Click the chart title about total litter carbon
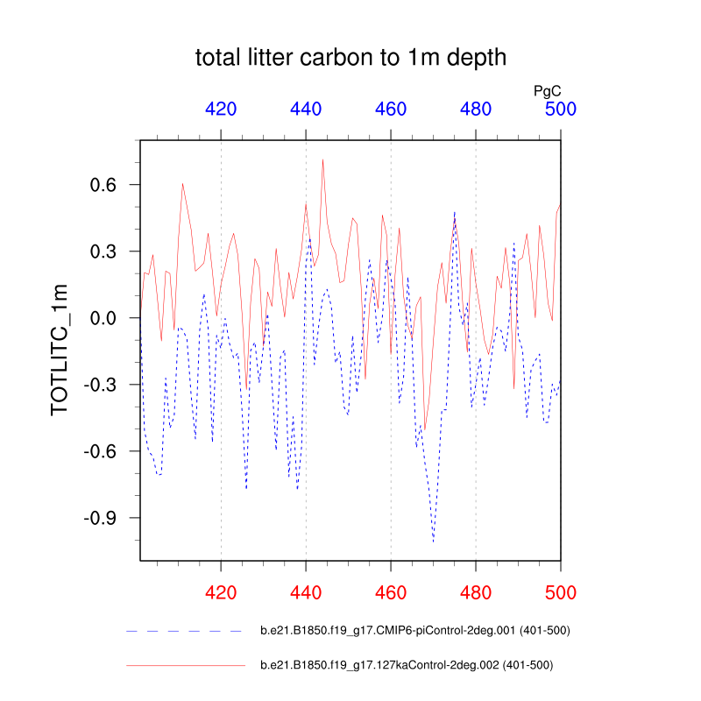[350, 59]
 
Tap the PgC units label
[548, 90]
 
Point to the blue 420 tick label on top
[221, 110]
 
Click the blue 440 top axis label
[306, 110]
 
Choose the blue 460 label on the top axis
[391, 110]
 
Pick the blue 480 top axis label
[476, 110]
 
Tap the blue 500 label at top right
[561, 110]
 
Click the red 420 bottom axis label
[221, 592]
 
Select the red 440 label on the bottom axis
[306, 592]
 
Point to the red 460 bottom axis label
[391, 592]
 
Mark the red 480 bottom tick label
[476, 592]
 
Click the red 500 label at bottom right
[561, 592]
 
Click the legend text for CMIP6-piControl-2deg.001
[416, 630]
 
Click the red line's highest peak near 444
[322, 159]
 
